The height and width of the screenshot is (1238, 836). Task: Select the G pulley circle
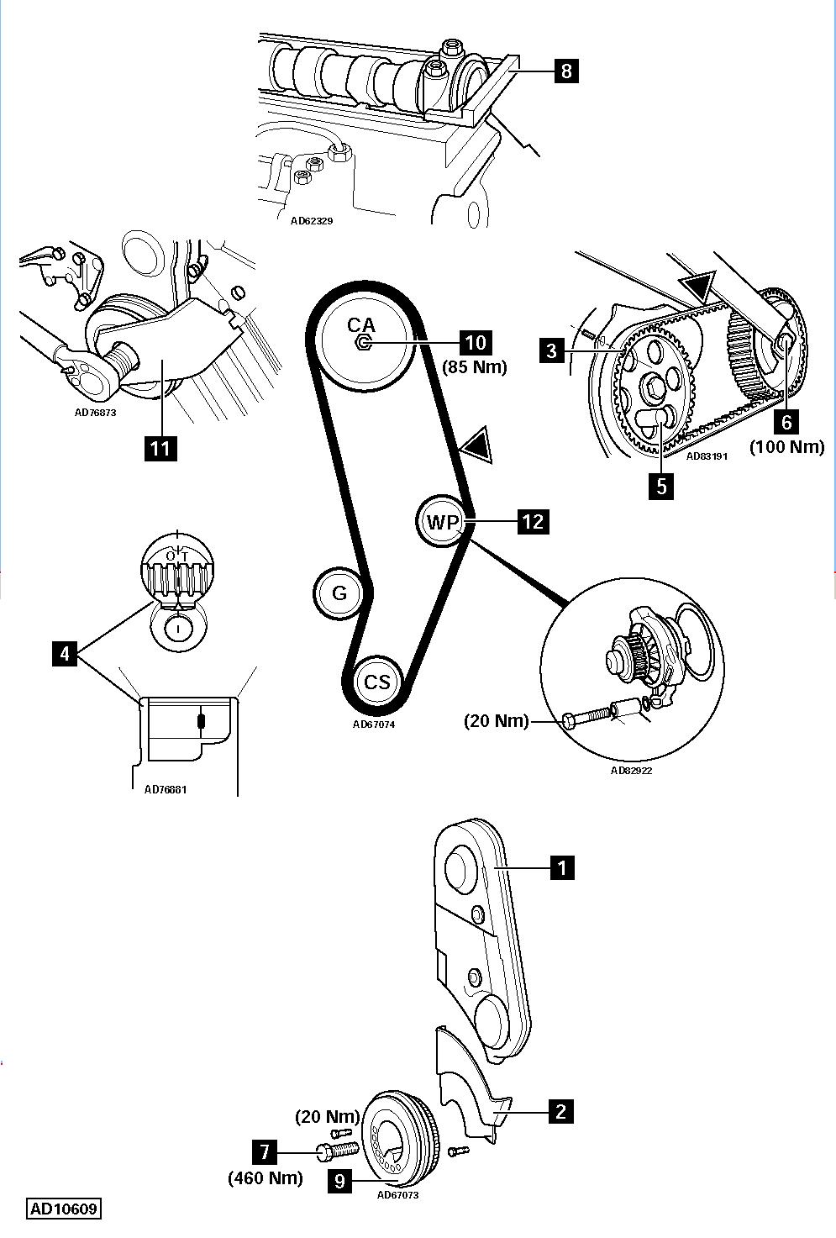[339, 593]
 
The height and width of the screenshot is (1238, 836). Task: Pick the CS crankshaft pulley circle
[377, 682]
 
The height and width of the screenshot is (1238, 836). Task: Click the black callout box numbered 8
[566, 71]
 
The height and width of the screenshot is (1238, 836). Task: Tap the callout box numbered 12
[534, 520]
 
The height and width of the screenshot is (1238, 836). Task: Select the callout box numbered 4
[65, 655]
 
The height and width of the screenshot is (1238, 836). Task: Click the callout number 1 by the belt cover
[562, 867]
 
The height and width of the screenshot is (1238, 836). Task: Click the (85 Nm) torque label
[476, 367]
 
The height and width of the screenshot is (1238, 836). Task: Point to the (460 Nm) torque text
[266, 1178]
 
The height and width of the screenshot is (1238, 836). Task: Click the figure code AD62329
[313, 220]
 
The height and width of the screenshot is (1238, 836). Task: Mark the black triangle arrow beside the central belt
[477, 445]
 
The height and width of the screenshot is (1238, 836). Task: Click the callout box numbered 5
[661, 487]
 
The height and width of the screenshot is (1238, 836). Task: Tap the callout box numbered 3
[552, 351]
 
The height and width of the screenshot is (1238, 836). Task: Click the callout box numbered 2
[560, 1111]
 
